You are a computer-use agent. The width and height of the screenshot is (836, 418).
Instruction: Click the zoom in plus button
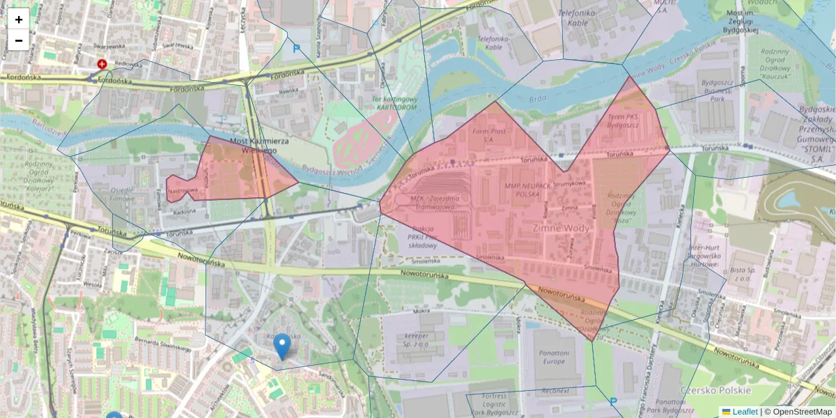coord(19,20)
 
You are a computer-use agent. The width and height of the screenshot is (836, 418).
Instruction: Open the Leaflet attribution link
coord(744,412)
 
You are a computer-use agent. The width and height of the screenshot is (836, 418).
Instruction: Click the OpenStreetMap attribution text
coord(798,412)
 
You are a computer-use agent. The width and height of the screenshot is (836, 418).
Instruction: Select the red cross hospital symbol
coord(102,64)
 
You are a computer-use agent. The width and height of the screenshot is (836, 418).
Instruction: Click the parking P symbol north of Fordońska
coord(296,49)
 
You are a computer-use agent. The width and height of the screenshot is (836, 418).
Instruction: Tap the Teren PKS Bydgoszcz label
coord(622,121)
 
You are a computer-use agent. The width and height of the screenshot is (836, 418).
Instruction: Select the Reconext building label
coord(557,391)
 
